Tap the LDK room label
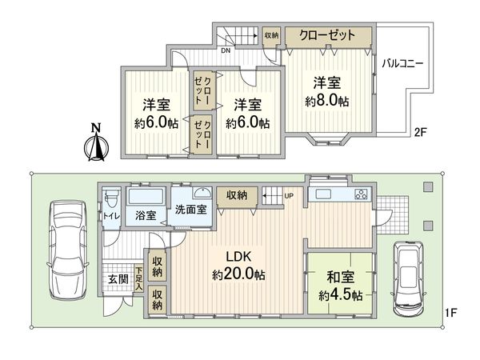click(x=239, y=258)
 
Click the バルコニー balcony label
click(x=402, y=62)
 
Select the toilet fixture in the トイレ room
click(x=110, y=199)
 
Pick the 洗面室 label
click(x=191, y=210)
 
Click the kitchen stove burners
click(x=360, y=194)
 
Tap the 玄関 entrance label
click(x=118, y=279)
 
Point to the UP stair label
click(x=288, y=196)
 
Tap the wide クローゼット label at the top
click(x=328, y=35)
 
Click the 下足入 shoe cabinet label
click(x=139, y=278)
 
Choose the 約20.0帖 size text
click(x=239, y=274)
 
